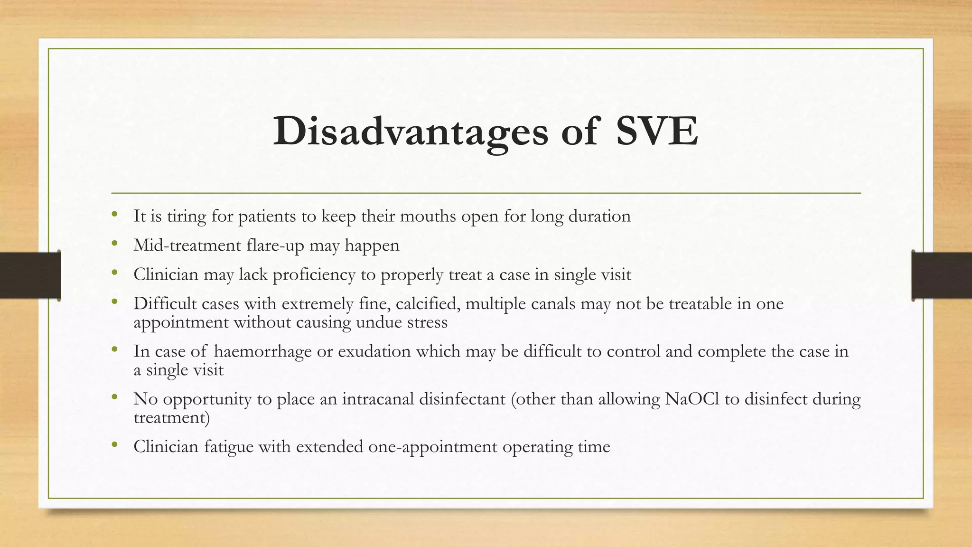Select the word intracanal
[x=378, y=399]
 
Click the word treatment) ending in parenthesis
[x=171, y=417]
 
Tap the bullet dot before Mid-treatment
[x=114, y=244]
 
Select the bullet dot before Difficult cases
[x=114, y=302]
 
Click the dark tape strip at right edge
[x=942, y=275]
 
